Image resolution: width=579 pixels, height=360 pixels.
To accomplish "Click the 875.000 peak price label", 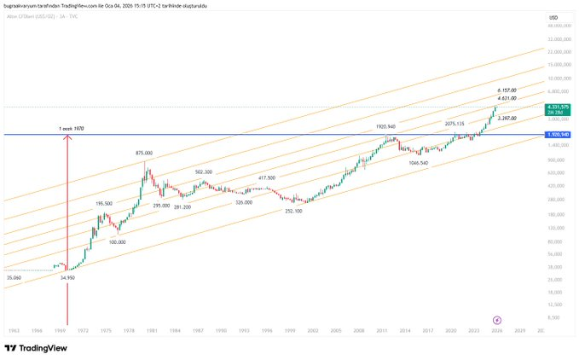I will pyautogui.click(x=143, y=154).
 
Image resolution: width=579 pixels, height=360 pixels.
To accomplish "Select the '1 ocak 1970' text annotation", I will pyautogui.click(x=71, y=128).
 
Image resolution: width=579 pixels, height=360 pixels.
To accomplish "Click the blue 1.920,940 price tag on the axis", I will pyautogui.click(x=558, y=135).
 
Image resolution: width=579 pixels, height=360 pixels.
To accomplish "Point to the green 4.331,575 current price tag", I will pyautogui.click(x=558, y=107).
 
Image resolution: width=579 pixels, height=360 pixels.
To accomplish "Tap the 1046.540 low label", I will pyautogui.click(x=418, y=162).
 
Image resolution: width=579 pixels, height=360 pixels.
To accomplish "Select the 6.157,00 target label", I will pyautogui.click(x=509, y=90).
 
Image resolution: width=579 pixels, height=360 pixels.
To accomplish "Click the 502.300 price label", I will pyautogui.click(x=203, y=171).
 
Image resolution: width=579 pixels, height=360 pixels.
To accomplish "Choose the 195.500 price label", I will pyautogui.click(x=104, y=203).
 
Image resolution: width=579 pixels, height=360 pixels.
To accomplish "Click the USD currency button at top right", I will pyautogui.click(x=553, y=18).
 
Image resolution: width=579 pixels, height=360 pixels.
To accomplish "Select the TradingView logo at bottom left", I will pyautogui.click(x=35, y=348).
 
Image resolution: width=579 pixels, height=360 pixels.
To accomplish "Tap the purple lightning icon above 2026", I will pyautogui.click(x=497, y=318).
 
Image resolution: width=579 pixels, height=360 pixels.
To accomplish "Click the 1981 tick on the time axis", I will pyautogui.click(x=151, y=329).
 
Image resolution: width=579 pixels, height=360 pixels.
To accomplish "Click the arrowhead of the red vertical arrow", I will pyautogui.click(x=67, y=136).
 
